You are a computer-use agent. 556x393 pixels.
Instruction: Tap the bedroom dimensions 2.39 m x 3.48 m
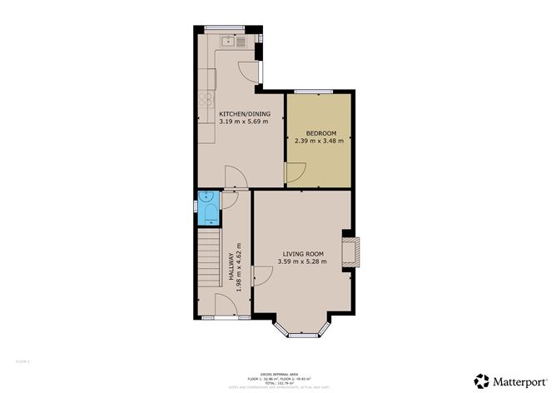click(x=319, y=141)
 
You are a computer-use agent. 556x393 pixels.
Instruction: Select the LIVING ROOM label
click(x=303, y=253)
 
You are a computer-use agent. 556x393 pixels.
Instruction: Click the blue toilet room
click(x=208, y=208)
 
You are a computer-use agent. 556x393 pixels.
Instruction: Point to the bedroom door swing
click(x=294, y=172)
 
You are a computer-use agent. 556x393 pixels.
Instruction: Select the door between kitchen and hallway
click(x=236, y=176)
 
